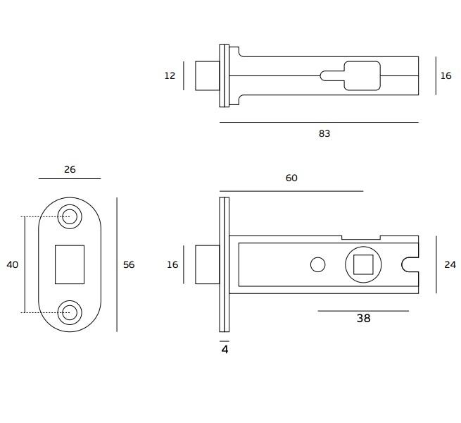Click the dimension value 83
tap(324, 134)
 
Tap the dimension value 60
tap(291, 178)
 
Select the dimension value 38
tap(363, 318)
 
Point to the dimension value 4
tap(225, 350)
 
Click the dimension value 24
tap(450, 265)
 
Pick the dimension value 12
tap(170, 75)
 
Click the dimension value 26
tap(70, 169)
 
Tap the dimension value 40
tap(13, 265)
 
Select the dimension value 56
tap(129, 265)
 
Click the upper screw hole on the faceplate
tap(70, 217)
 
